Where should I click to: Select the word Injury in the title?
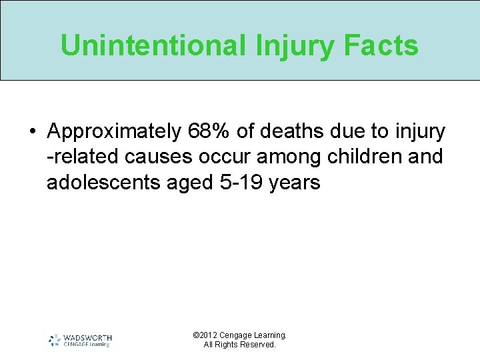293,45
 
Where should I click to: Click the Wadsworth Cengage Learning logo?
81,340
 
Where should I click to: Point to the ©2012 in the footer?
205,335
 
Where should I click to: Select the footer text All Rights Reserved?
239,345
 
